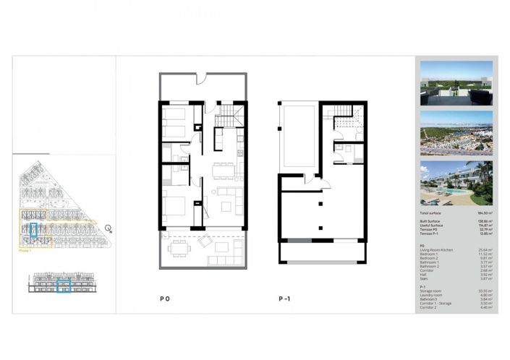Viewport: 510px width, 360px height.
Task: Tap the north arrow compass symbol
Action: (107, 230)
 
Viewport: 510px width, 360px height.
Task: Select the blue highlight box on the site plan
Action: (33, 231)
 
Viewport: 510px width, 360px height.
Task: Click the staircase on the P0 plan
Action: (226, 115)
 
